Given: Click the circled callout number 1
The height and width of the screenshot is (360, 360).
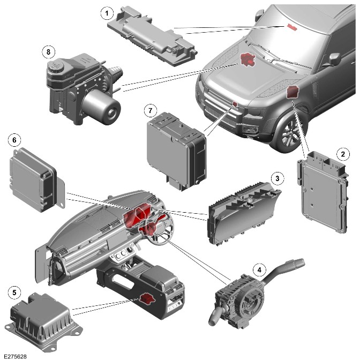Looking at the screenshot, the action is (107, 13).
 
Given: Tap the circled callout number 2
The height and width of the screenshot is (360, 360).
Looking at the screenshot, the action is (343, 154).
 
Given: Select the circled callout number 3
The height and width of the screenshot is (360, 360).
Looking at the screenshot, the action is (277, 178).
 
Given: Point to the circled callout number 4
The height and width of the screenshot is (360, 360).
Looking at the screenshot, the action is (259, 270).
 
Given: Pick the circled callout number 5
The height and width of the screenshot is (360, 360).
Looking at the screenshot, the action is (14, 292).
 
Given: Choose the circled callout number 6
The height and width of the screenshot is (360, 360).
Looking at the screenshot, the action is (14, 140).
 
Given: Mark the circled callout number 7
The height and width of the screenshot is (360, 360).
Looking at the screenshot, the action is (151, 111).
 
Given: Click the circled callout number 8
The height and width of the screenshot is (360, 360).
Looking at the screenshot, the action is (48, 52).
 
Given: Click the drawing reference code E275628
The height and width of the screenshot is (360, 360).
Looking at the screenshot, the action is (15, 356).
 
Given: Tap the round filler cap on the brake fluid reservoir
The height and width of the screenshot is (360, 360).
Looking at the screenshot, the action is (55, 66).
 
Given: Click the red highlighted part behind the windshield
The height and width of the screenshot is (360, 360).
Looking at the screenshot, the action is (292, 27).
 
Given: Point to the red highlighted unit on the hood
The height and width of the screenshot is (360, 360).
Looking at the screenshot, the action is (247, 59).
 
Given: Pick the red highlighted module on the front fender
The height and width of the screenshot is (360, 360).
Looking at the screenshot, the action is (292, 92).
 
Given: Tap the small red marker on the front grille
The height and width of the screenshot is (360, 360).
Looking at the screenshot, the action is (235, 104).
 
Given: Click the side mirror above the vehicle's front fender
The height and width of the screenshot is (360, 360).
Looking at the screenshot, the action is (334, 59).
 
